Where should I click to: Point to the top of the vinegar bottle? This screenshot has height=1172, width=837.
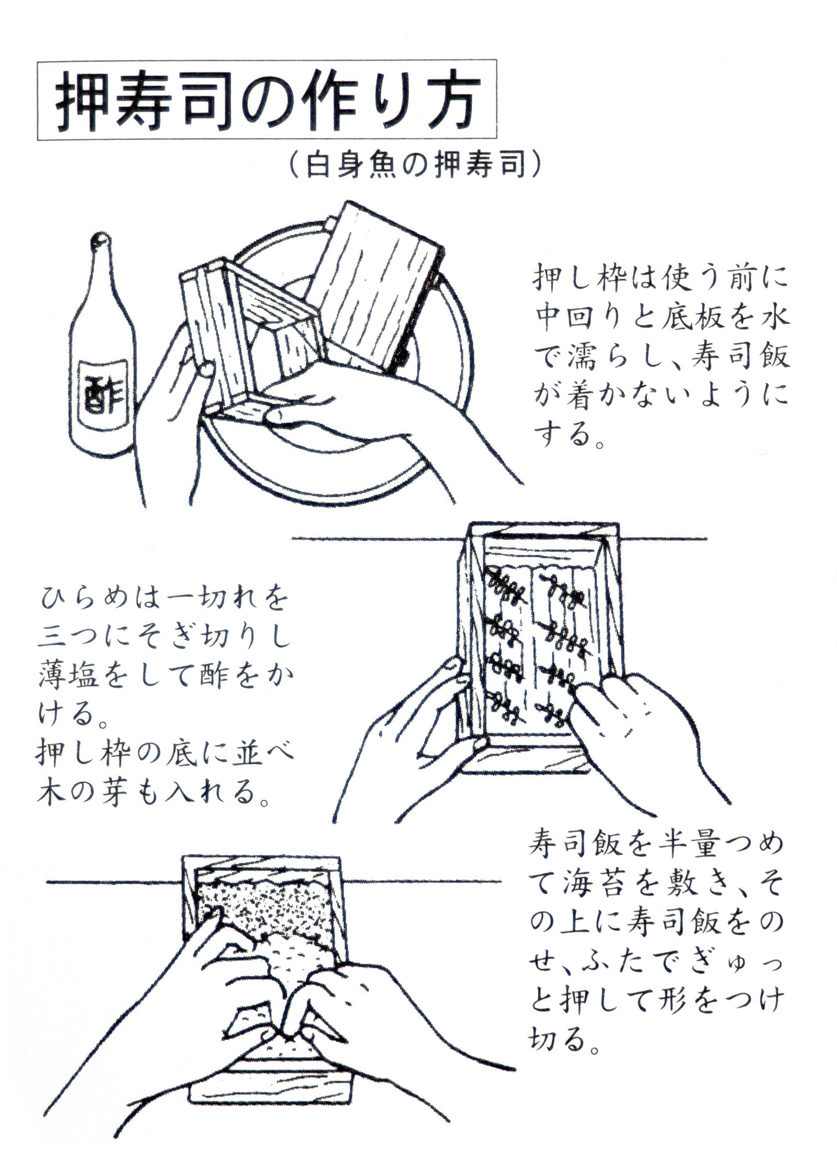click(102, 239)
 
